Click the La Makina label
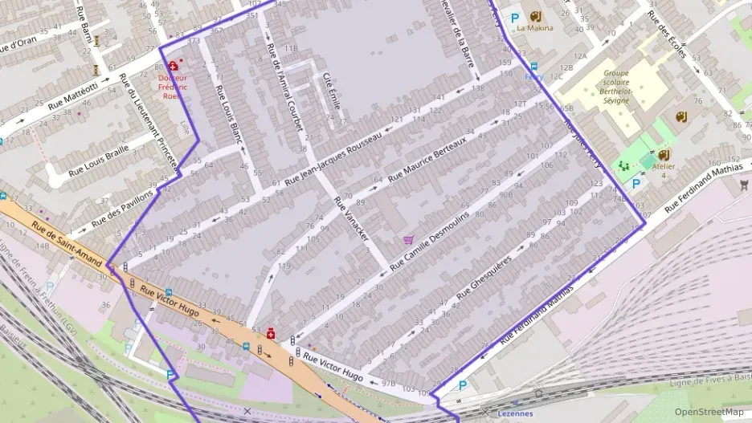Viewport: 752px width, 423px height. click(534, 27)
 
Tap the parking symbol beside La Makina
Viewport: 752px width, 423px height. click(515, 17)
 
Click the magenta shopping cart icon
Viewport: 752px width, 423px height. click(409, 239)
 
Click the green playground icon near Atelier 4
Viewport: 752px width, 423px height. click(623, 165)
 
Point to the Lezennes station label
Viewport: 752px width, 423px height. click(515, 413)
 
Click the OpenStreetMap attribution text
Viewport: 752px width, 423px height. click(709, 412)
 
